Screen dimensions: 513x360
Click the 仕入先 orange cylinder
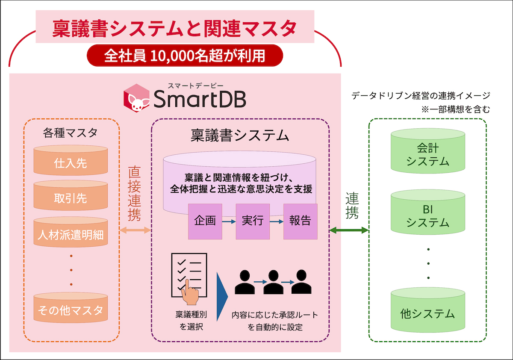point(71,160)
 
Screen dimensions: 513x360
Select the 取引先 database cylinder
point(71,195)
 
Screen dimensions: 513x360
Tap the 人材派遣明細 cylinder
point(71,232)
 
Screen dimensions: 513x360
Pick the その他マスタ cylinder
point(71,307)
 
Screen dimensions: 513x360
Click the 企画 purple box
point(205,221)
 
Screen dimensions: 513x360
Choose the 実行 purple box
point(253,221)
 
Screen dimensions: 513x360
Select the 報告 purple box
point(300,221)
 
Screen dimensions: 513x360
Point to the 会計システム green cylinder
point(428,151)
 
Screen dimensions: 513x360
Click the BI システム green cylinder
point(428,212)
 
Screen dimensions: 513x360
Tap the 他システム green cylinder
point(428,310)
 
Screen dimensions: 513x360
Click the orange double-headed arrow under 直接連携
point(135,230)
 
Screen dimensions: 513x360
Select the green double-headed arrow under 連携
point(349,230)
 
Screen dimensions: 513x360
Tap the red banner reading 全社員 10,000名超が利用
point(185,56)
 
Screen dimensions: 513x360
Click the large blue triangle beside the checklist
point(222,297)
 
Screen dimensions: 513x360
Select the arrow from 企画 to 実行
point(229,221)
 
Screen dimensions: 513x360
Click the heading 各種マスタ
point(70,133)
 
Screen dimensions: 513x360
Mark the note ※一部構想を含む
point(456,109)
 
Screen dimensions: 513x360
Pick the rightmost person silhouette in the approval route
point(301,282)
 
